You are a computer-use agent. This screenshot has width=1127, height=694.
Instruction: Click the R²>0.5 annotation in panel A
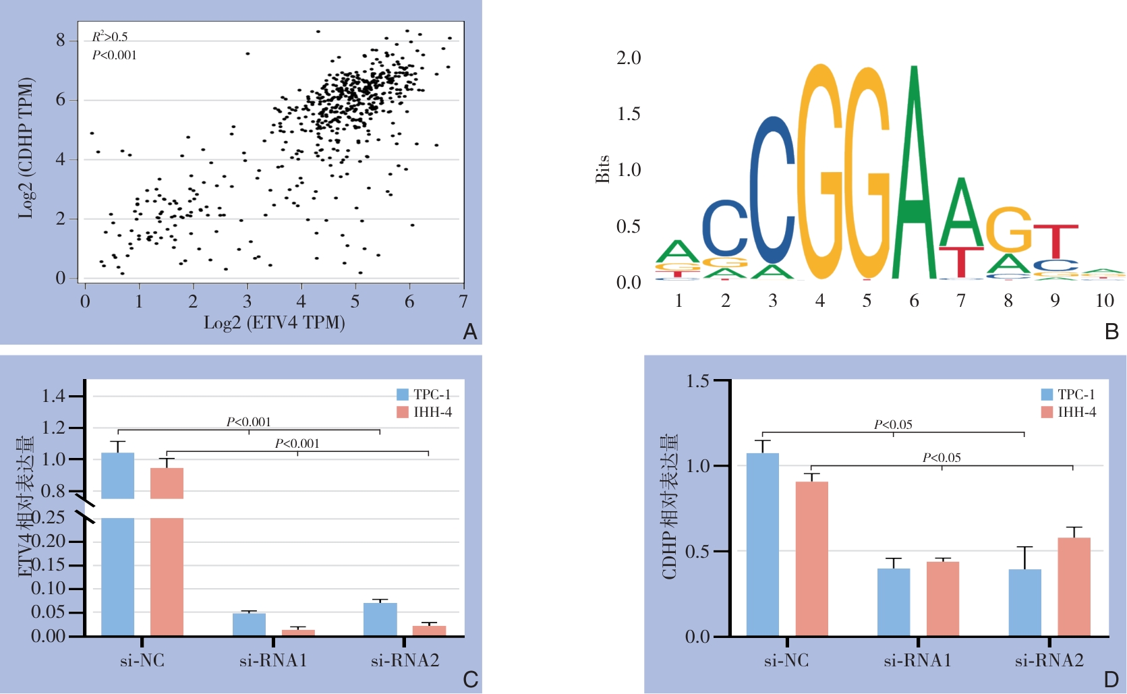(110, 36)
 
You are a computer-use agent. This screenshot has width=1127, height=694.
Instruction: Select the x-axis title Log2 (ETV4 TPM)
(274, 322)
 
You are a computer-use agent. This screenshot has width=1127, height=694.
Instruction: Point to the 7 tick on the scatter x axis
(463, 301)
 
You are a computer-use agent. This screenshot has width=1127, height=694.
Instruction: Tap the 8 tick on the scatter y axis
(61, 40)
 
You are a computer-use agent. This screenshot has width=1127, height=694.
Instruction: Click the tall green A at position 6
(914, 175)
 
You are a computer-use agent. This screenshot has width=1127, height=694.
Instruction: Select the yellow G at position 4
(820, 172)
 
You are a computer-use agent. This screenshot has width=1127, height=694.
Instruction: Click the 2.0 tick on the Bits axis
(629, 58)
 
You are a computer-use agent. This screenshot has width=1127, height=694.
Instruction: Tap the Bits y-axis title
(602, 169)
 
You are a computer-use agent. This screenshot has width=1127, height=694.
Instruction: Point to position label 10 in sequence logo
(1104, 301)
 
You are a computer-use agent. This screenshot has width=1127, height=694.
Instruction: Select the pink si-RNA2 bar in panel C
(429, 631)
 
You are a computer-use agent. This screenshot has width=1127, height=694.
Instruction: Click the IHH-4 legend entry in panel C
(425, 412)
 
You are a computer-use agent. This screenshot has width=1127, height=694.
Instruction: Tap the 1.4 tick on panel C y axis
(53, 396)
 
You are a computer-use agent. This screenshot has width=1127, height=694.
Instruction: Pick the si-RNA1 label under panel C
(273, 661)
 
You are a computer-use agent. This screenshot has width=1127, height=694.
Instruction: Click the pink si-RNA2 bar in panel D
(1074, 587)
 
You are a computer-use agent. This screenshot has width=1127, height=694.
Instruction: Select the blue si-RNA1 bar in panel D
(894, 602)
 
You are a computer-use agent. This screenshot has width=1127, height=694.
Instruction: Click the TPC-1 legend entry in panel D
(1068, 395)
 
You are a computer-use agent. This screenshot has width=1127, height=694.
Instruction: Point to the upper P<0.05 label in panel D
(893, 424)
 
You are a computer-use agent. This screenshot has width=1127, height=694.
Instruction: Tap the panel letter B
(1111, 332)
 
